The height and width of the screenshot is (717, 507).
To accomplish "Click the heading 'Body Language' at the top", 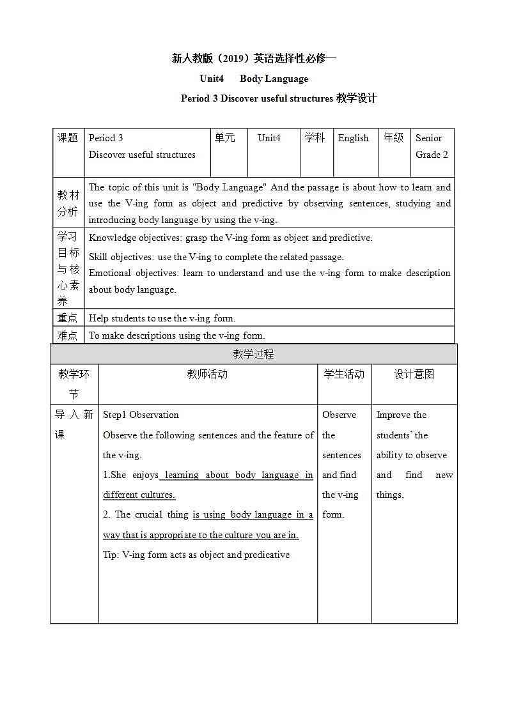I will click(x=274, y=79).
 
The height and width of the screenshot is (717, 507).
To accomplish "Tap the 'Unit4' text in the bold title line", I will click(x=212, y=79).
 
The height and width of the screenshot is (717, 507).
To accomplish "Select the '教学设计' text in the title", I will click(x=356, y=98).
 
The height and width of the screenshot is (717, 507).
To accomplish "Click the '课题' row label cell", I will click(x=68, y=138).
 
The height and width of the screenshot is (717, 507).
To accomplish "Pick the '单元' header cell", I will click(x=225, y=138).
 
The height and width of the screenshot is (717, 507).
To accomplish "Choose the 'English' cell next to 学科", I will click(x=354, y=138).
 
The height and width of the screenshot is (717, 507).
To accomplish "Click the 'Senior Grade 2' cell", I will click(x=432, y=146).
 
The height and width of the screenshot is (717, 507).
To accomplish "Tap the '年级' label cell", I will click(x=393, y=138).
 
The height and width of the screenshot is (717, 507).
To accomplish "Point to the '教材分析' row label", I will click(x=68, y=203).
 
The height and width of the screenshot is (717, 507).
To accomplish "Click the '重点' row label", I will click(x=68, y=318).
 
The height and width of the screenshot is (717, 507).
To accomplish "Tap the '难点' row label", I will click(x=68, y=335).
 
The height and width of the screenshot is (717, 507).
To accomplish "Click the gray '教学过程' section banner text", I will click(x=253, y=354).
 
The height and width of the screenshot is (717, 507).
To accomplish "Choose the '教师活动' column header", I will click(x=207, y=374).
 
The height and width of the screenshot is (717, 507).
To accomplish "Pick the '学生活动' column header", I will click(x=344, y=374).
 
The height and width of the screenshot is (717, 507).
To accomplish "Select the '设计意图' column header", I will click(x=414, y=374).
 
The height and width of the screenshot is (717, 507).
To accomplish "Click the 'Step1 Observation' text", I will click(x=141, y=415).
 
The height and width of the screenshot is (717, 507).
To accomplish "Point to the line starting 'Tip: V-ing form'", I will click(x=196, y=555).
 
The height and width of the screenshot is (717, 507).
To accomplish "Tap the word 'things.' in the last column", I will click(x=390, y=495).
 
